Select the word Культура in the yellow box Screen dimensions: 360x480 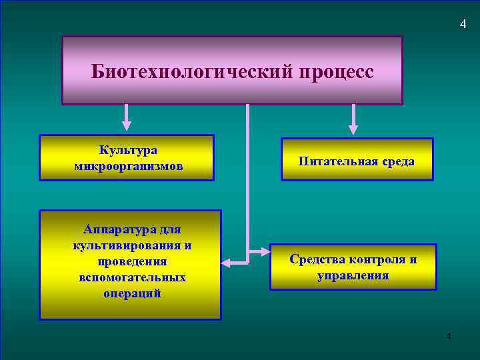point(128,150)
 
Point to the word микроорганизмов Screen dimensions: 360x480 point(128,165)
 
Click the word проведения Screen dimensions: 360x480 point(132,261)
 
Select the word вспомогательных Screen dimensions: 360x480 point(132,276)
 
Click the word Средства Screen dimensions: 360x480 point(317,259)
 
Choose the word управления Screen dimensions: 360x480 point(353,275)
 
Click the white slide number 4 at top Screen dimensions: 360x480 point(463,25)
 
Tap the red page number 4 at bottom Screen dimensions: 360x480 point(449,335)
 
